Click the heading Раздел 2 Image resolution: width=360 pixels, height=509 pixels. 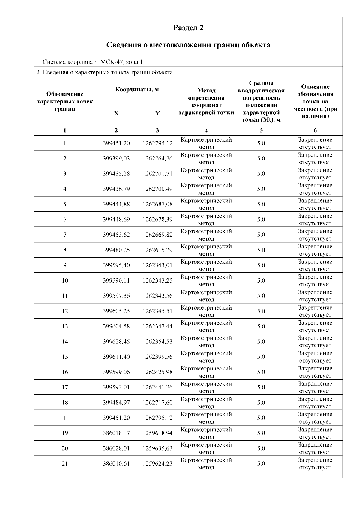(x=188, y=28)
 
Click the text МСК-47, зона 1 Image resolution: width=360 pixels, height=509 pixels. (x=121, y=62)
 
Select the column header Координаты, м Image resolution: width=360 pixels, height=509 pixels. (x=137, y=89)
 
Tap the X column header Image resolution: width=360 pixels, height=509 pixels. (x=116, y=113)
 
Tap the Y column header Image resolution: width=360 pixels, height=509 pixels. (x=157, y=113)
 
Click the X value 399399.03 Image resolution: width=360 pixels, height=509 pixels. (x=116, y=158)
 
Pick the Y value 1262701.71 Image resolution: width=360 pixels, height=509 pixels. (x=157, y=174)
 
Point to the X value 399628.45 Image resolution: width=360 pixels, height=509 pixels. (x=116, y=341)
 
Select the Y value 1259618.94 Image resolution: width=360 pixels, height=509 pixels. (x=157, y=433)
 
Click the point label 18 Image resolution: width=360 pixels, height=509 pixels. (x=65, y=403)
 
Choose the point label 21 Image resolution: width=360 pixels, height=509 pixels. (x=65, y=463)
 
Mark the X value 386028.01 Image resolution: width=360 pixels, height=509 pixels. (x=116, y=448)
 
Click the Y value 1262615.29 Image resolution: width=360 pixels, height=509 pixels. (x=157, y=250)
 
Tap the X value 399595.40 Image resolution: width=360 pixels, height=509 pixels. (x=116, y=265)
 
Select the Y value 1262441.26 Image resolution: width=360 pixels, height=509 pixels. (x=157, y=387)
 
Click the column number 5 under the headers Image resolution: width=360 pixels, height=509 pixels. (x=261, y=130)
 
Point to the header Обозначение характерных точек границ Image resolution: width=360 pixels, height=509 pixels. (x=65, y=101)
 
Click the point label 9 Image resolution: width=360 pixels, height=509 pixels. (x=65, y=265)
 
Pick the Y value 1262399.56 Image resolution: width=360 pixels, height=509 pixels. (x=157, y=357)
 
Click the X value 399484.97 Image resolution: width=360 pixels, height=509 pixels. (x=116, y=403)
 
